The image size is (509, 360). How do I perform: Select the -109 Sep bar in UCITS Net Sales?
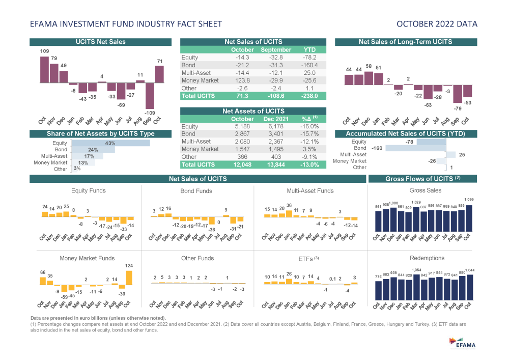(x=150, y=94)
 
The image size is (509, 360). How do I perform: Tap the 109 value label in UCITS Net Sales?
(x=44, y=51)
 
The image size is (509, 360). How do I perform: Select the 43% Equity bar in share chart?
(x=110, y=144)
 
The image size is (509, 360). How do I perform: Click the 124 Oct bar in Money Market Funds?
(x=129, y=278)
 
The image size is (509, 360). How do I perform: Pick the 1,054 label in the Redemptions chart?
(x=416, y=270)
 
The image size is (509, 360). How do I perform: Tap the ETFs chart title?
(x=308, y=259)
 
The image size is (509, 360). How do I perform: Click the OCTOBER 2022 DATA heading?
(x=437, y=24)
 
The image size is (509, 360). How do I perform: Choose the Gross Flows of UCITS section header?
(x=422, y=179)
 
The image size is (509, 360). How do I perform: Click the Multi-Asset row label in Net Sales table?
(x=195, y=73)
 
